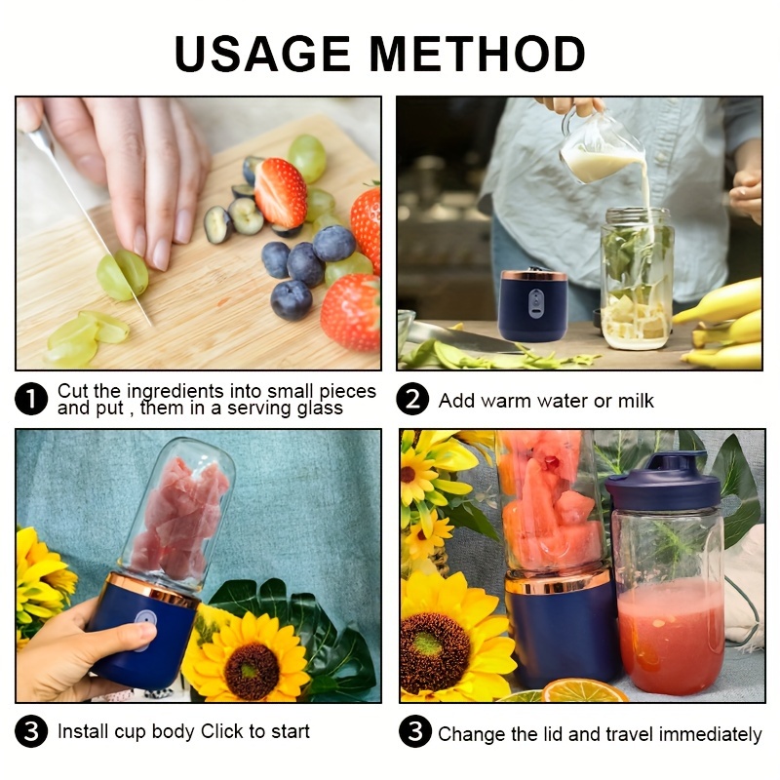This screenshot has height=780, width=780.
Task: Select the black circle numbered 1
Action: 32,400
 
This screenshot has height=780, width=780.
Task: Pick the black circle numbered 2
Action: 413,400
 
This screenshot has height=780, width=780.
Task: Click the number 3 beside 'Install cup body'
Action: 32,731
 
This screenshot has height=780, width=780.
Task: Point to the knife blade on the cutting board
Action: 88,224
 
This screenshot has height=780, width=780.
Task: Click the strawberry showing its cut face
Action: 281,192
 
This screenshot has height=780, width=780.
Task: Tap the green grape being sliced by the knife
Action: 124,275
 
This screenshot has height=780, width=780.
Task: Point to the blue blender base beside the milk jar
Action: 533,304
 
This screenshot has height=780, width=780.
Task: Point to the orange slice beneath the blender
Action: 584,691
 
